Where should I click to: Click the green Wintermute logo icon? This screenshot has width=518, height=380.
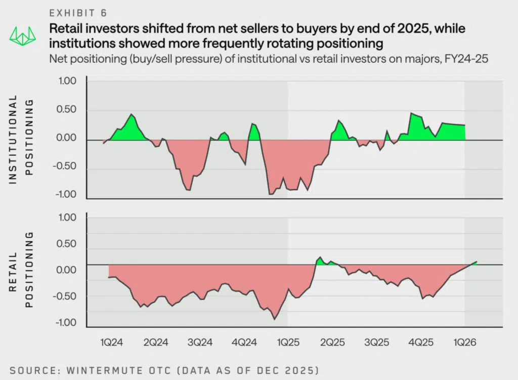click(22, 35)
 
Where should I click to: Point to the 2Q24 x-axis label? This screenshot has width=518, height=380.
click(155, 343)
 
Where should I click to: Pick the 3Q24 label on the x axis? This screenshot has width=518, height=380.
click(199, 343)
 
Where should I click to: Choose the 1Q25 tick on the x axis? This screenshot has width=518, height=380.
click(288, 343)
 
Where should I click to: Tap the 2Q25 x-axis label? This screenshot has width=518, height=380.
click(332, 343)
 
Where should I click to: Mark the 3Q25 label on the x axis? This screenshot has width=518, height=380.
click(376, 343)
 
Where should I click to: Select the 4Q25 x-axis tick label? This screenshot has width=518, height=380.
click(421, 343)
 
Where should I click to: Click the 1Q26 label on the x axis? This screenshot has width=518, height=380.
click(465, 343)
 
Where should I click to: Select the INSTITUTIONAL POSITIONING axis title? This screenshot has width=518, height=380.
click(21, 140)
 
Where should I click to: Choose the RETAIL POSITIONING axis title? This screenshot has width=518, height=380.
click(21, 270)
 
